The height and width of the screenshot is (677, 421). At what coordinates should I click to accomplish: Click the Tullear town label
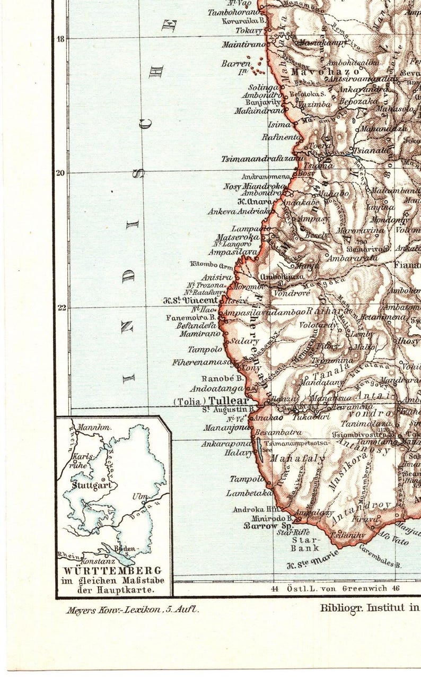[229, 401]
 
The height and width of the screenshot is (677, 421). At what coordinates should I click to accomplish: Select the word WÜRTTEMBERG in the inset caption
[112, 571]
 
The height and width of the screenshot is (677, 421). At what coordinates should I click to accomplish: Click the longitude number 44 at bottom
[274, 588]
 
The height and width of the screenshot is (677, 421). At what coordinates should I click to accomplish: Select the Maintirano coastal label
[243, 45]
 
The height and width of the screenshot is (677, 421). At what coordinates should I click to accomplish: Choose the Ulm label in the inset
[139, 497]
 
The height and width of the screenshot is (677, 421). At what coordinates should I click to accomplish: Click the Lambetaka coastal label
[245, 493]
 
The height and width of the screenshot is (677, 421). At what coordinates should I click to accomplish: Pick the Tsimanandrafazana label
[263, 158]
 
